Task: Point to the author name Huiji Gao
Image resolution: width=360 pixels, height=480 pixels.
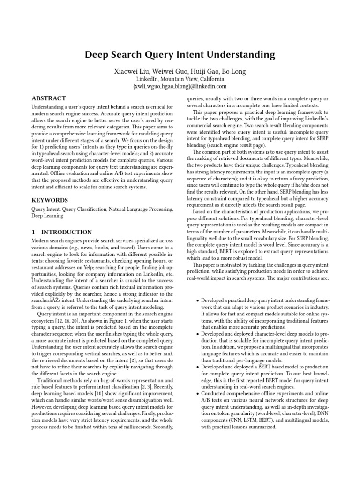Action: click(x=202, y=71)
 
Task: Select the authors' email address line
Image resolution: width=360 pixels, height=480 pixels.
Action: click(x=180, y=86)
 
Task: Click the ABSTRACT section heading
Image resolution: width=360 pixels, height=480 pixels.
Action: click(x=49, y=99)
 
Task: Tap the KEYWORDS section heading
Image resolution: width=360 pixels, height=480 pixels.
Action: click(x=50, y=200)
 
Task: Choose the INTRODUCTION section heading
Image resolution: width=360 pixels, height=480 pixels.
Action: click(x=66, y=232)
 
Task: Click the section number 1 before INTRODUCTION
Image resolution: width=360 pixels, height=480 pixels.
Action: click(x=33, y=232)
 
